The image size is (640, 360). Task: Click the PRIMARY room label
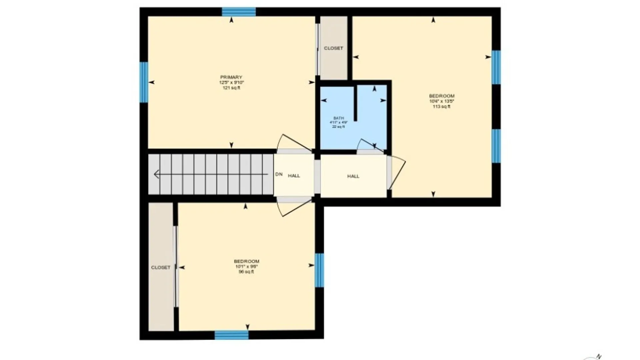231,77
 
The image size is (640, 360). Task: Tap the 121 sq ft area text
231,88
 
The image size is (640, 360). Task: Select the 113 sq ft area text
441,107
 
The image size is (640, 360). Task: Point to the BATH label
339,118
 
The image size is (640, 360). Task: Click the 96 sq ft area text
246,272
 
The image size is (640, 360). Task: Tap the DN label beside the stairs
279,174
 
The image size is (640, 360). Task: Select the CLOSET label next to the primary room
333,48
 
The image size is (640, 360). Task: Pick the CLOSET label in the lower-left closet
161,267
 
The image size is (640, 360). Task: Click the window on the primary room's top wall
239,12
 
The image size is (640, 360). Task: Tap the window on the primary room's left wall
144,82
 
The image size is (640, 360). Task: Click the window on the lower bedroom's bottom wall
231,335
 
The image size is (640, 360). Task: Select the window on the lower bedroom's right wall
319,270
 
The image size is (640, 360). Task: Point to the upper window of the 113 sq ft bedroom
496,67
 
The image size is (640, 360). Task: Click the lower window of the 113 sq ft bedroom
496,146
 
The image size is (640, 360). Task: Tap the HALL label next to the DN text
294,176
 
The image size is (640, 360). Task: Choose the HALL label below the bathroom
353,176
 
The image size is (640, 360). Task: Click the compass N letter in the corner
599,356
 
